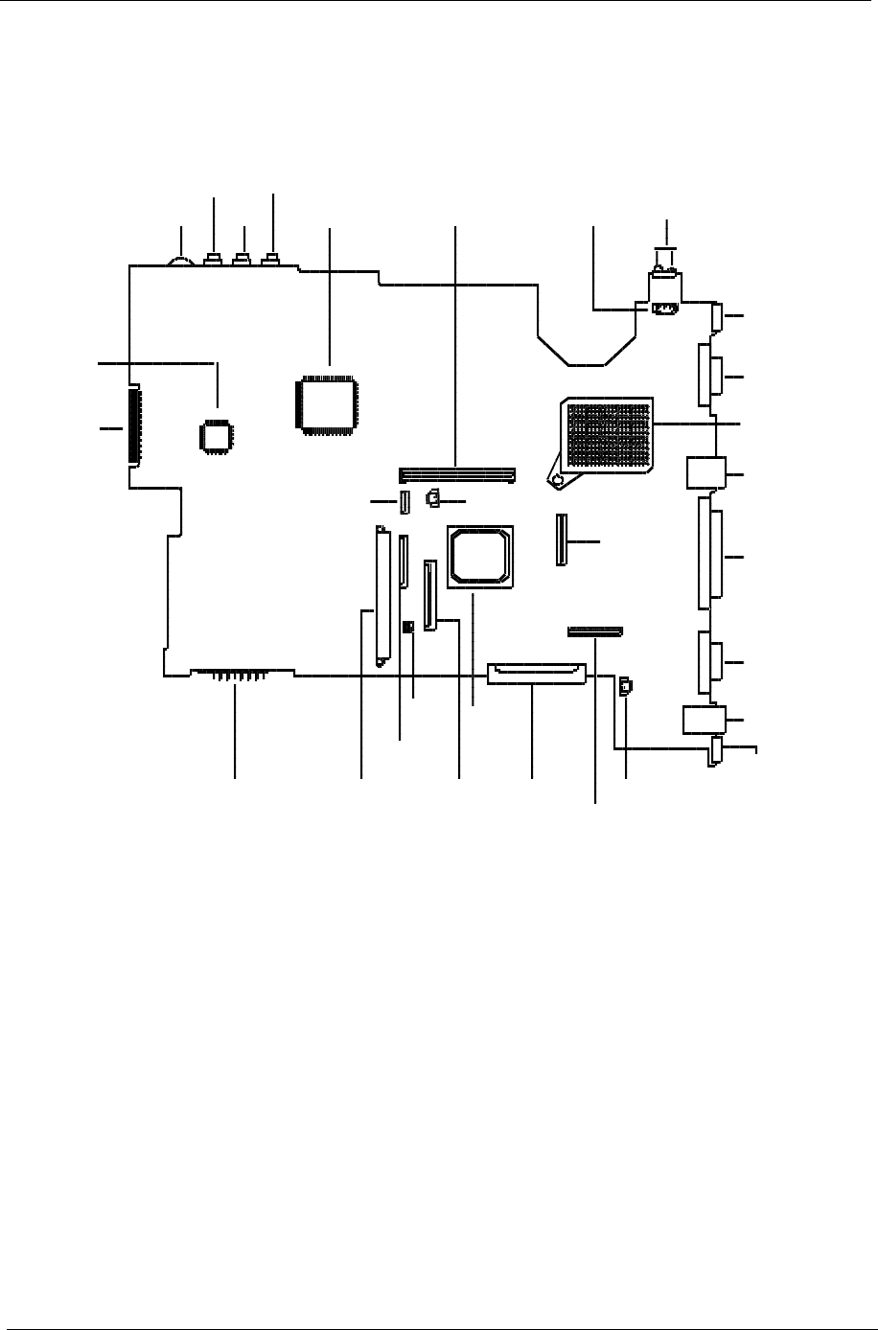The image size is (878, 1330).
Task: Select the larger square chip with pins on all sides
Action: [329, 406]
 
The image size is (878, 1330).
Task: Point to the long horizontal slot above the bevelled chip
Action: [457, 474]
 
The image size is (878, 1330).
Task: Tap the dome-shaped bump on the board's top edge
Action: [179, 260]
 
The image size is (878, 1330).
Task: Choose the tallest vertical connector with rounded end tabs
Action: [382, 595]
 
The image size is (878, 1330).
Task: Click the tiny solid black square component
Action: [408, 627]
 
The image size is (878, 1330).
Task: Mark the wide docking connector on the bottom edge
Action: [535, 674]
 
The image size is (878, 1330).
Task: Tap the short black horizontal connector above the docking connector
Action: [594, 631]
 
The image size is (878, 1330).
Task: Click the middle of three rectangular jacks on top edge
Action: [243, 260]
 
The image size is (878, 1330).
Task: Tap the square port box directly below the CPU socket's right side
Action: [701, 472]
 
